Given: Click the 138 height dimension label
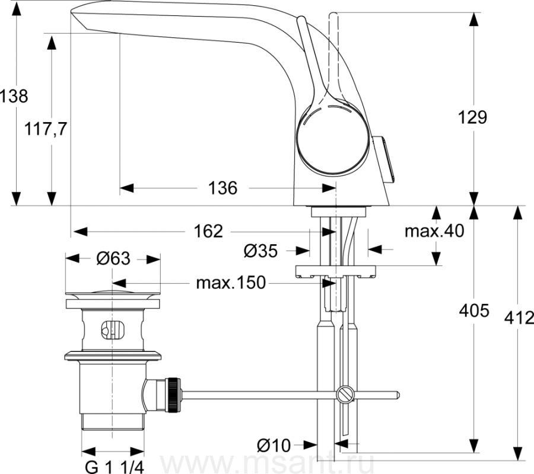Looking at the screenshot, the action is tap(14, 96).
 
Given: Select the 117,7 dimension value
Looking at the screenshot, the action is tap(45, 129).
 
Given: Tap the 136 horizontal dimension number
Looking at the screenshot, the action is tap(223, 188).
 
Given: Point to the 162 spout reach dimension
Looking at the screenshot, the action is tap(208, 232).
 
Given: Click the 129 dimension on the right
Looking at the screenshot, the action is tap(472, 118).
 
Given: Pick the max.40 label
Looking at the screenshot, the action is tap(434, 231).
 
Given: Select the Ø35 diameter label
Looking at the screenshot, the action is tap(261, 251).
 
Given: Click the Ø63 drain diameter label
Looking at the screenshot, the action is tap(113, 259).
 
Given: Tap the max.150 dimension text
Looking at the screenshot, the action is tap(231, 283).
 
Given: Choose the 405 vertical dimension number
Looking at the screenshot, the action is tap(474, 310).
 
